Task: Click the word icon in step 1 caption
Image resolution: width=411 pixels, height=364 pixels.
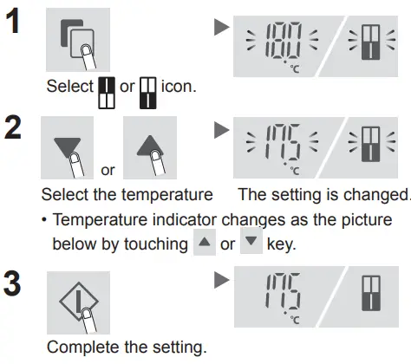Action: click(176, 88)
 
